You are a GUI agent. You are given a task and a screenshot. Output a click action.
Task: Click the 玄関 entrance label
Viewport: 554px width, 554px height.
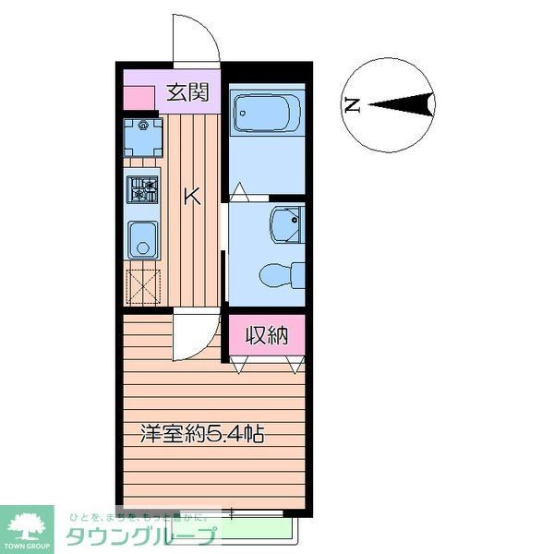(x=187, y=92)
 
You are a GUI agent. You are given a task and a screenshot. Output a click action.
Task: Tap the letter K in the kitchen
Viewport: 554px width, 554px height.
(x=191, y=196)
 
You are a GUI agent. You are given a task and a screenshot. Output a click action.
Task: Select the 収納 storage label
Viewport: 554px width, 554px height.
(x=267, y=336)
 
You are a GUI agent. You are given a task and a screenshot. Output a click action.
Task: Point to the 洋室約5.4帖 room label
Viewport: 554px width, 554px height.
(x=202, y=433)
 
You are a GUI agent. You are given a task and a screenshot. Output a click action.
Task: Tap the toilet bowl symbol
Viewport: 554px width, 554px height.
(x=274, y=274)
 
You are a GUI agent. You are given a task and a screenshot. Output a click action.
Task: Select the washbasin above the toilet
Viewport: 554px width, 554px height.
(x=284, y=225)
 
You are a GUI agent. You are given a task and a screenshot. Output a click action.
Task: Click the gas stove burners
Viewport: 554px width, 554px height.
(x=142, y=189)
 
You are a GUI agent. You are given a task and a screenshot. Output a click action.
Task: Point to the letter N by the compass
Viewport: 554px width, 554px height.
(x=351, y=105)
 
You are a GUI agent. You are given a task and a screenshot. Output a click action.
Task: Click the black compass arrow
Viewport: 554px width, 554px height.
(x=402, y=105)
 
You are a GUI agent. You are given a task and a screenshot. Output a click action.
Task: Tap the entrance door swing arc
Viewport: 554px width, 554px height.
(x=195, y=39)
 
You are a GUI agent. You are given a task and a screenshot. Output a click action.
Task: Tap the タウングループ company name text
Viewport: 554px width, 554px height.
(x=141, y=536)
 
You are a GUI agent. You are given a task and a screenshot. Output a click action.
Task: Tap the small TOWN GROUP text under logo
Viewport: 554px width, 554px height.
(x=29, y=547)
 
